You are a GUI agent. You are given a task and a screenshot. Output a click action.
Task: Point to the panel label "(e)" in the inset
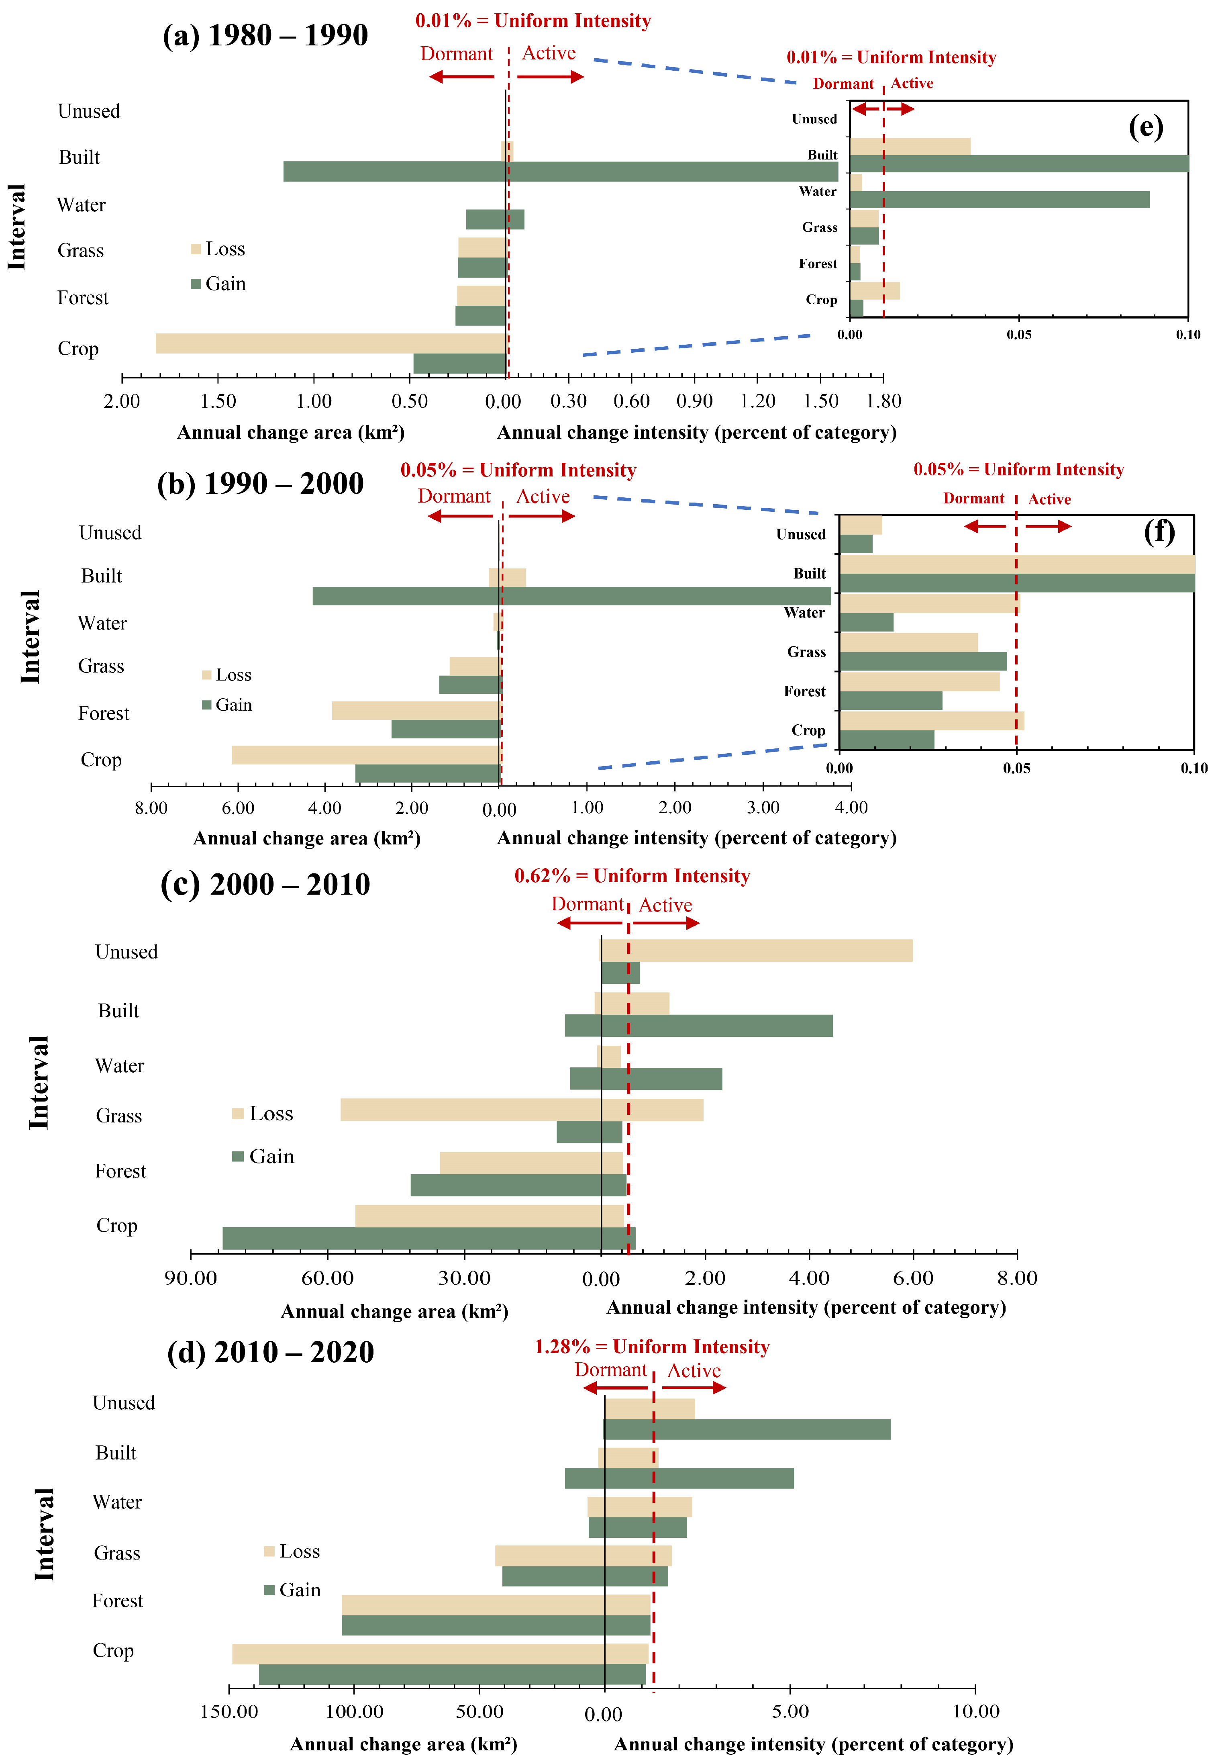[1145, 127]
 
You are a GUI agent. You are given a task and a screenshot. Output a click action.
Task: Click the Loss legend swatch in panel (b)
[206, 675]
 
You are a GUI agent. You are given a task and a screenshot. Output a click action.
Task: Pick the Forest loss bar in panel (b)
[416, 711]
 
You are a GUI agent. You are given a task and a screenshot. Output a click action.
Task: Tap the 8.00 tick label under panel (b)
[151, 807]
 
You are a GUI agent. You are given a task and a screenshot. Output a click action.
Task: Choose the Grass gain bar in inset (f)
[923, 661]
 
